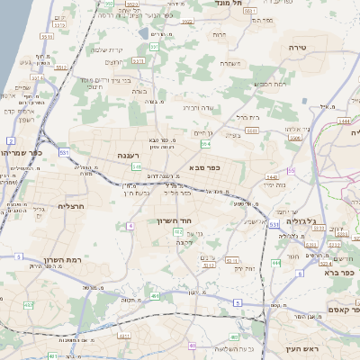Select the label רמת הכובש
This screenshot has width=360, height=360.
[x=270, y=85]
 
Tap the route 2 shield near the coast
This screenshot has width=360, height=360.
[x=11, y=141]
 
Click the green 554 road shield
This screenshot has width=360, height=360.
[x=206, y=143]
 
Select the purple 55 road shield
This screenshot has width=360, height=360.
[x=291, y=170]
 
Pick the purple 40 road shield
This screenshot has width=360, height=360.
[x=193, y=345]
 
